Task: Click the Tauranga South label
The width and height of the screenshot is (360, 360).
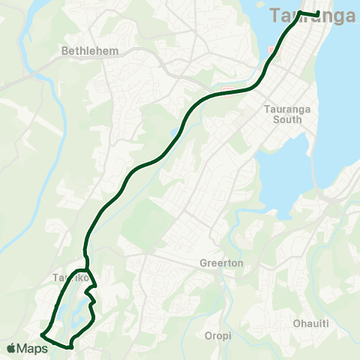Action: tap(283, 114)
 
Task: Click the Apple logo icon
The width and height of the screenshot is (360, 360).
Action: tap(11, 348)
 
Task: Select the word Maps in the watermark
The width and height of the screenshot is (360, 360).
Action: tap(34, 348)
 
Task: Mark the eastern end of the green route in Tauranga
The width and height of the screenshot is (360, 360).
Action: tap(319, 13)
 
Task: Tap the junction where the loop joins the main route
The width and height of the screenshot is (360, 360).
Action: tap(87, 269)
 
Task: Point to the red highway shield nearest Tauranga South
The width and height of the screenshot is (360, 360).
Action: tap(226, 91)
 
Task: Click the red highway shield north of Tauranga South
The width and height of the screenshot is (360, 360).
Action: tap(271, 49)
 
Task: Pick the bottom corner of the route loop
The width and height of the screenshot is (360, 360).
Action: tap(70, 347)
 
